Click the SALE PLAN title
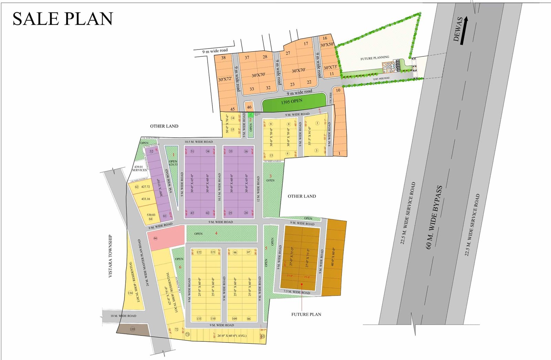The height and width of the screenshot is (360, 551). coord(63,19)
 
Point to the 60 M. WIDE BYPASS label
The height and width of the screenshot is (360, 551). coord(434,217)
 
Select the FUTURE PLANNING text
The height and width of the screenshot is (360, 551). coord(375,58)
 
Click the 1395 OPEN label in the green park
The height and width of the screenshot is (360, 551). coord(291,102)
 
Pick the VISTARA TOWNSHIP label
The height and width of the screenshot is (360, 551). coord(111,256)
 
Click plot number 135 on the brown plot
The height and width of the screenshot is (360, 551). coord(133,329)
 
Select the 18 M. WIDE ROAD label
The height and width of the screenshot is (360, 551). coord(123,316)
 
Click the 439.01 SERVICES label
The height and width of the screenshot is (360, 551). coord(139,168)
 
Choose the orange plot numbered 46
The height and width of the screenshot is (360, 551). coord(249,107)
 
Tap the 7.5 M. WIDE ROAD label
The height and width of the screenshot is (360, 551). coord(297,292)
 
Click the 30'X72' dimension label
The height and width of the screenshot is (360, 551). coord(225,79)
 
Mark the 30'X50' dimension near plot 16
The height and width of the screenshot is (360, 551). coord(327,45)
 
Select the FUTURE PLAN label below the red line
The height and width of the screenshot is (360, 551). coord(306,314)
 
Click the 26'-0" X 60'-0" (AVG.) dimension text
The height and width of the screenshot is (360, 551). coord(232,336)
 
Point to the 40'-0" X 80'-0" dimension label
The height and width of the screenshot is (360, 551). coord(333,256)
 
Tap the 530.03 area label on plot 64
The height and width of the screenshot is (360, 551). coord(151,215)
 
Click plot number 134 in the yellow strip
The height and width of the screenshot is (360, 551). coord(130,293)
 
